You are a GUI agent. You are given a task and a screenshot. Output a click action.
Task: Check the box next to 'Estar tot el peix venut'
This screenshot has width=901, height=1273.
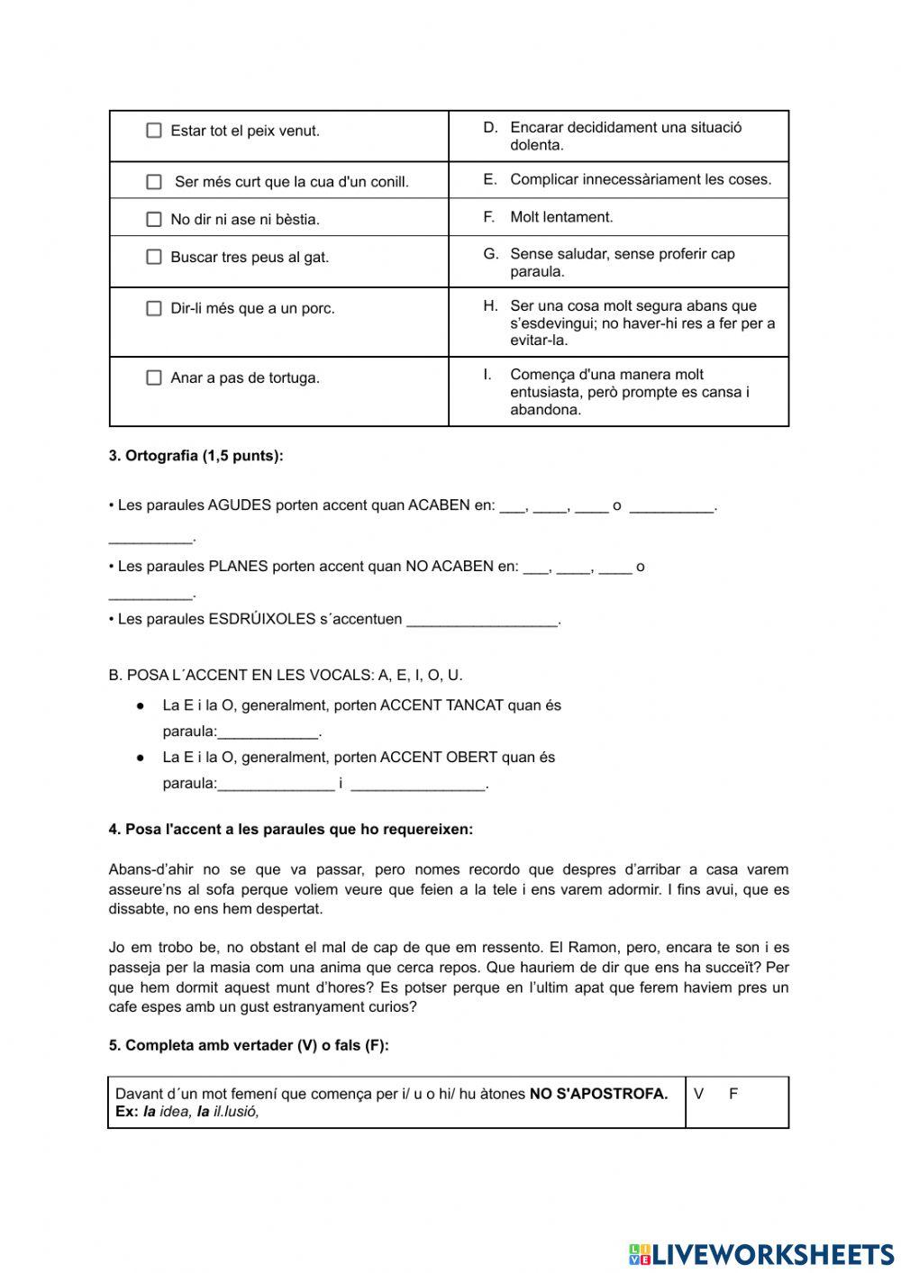(154, 131)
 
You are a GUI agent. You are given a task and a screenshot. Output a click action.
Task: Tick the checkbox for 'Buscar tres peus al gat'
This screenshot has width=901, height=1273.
(154, 257)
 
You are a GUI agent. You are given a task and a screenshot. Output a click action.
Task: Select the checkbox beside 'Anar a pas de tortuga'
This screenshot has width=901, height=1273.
(154, 377)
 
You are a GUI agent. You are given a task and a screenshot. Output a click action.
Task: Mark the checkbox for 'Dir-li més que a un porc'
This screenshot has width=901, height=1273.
(154, 308)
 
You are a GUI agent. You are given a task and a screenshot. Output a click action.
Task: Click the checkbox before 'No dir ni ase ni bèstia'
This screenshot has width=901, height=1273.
(154, 219)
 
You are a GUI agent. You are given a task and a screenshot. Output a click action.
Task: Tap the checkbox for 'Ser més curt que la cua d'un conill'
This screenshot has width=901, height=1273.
(154, 182)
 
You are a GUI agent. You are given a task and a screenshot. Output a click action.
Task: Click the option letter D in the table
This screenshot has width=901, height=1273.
(490, 128)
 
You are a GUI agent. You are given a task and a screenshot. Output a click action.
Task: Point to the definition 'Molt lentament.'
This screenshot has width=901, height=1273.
(561, 217)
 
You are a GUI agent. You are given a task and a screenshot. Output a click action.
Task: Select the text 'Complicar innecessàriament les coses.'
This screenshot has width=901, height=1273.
(641, 179)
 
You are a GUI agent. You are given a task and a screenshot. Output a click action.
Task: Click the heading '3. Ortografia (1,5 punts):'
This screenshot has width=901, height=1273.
(196, 456)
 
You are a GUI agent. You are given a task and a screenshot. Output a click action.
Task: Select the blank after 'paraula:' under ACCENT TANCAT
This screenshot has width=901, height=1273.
(268, 732)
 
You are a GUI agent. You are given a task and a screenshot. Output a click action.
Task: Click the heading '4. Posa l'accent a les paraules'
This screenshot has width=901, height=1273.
(290, 830)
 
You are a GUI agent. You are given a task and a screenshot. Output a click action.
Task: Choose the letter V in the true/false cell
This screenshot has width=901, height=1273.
(698, 1094)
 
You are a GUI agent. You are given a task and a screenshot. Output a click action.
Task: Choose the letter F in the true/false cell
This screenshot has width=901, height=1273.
(733, 1094)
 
